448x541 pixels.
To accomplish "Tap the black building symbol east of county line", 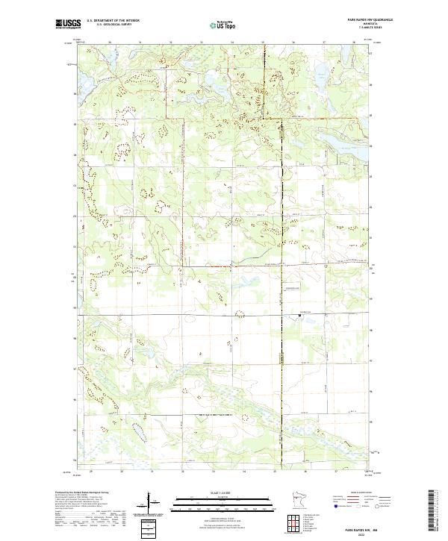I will (299, 316).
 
